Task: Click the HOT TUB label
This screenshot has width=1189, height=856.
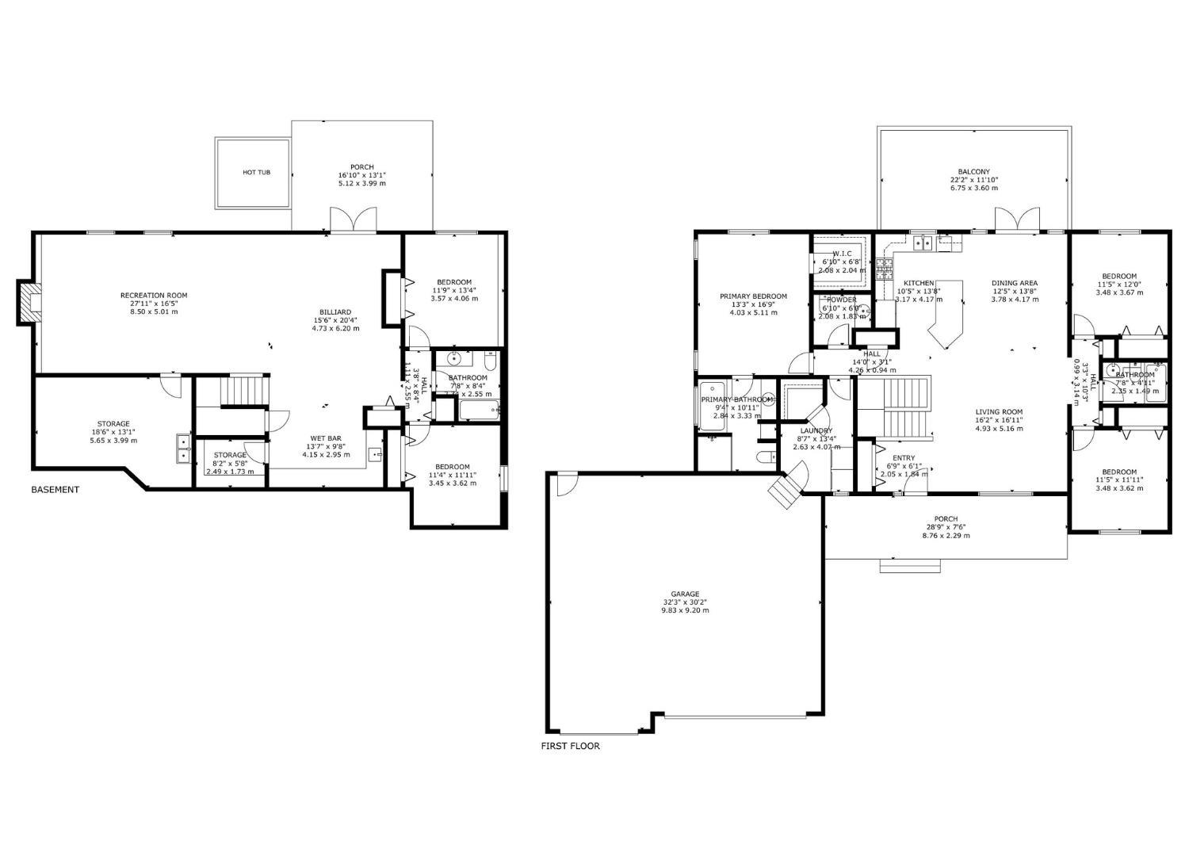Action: click(x=256, y=172)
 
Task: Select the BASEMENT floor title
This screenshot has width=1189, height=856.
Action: click(x=55, y=490)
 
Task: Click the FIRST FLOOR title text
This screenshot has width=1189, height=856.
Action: click(x=570, y=746)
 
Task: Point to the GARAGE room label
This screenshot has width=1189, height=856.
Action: click(x=685, y=594)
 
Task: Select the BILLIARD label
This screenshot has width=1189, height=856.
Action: click(x=335, y=311)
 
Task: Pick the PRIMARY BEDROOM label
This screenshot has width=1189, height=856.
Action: click(x=753, y=296)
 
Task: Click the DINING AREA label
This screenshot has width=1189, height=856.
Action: click(x=1014, y=283)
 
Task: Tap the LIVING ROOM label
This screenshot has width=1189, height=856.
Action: click(x=999, y=412)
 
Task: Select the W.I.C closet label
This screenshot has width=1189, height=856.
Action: click(x=841, y=254)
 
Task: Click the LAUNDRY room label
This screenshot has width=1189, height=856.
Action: click(x=816, y=431)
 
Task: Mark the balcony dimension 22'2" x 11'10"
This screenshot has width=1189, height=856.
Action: click(x=973, y=180)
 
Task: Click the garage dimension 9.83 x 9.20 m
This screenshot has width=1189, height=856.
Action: click(x=685, y=610)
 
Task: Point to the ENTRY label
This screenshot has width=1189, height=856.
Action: click(x=903, y=458)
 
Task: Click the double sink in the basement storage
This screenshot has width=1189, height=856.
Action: click(x=183, y=449)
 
